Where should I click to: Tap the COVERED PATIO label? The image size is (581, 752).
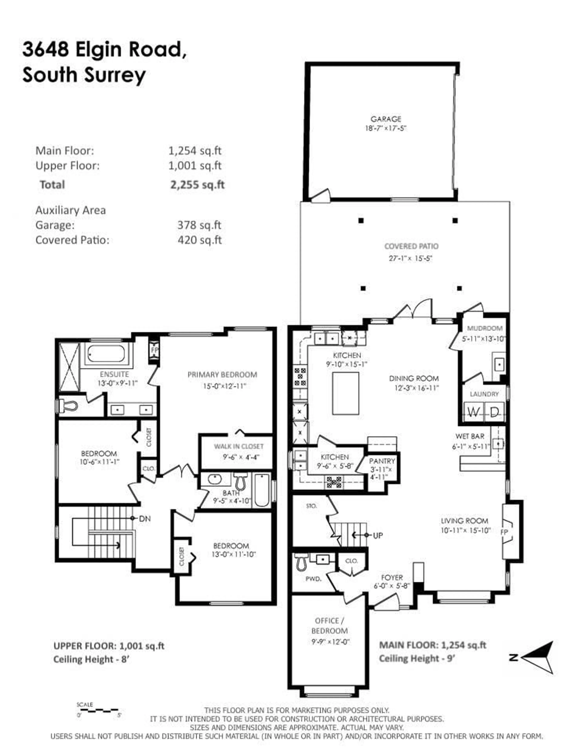(x=411, y=246)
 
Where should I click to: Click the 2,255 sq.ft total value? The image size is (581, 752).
(x=197, y=185)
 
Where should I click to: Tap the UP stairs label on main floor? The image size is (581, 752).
(x=378, y=535)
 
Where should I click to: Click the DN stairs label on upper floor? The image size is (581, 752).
(x=145, y=519)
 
